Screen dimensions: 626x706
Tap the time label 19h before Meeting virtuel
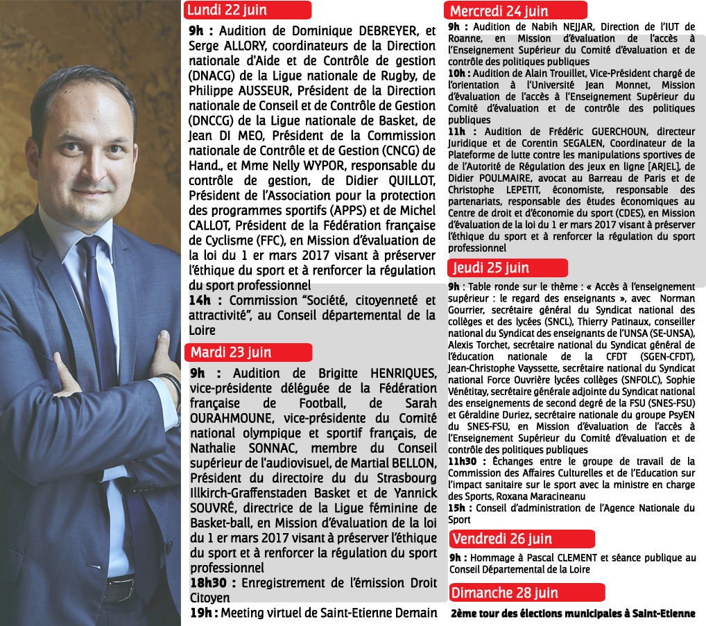click(203, 613)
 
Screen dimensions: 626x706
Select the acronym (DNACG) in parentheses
click(216, 75)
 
